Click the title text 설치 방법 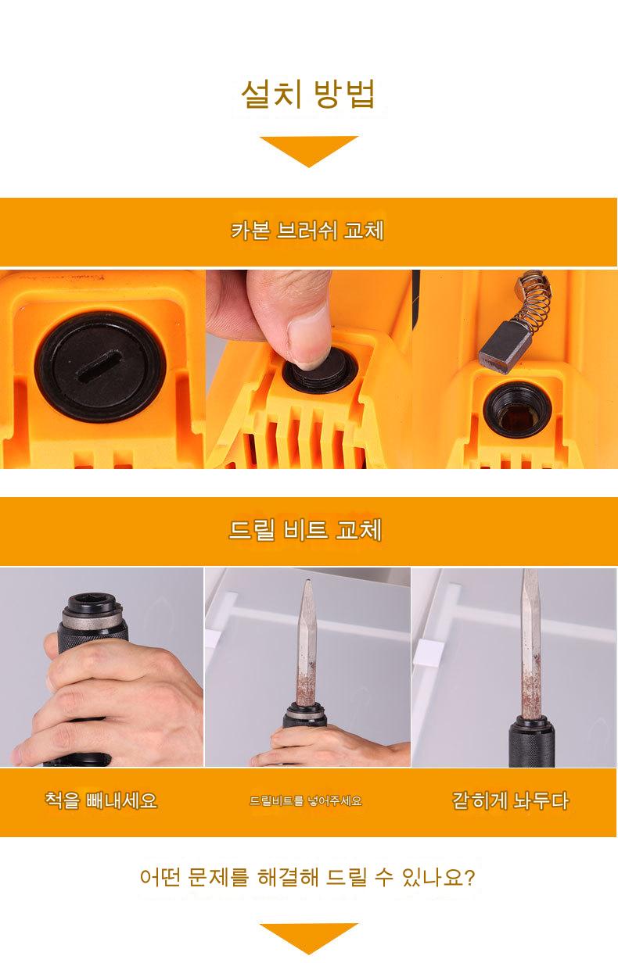pos(307,94)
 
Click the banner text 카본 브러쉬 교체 pos(307,231)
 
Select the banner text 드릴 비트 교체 pos(305,530)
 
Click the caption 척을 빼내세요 pos(102,800)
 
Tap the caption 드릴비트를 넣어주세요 pos(306,800)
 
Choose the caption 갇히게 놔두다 pos(510,800)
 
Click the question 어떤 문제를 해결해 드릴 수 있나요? pos(307,877)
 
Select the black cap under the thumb pos(319,372)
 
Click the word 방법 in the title pos(345,94)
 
